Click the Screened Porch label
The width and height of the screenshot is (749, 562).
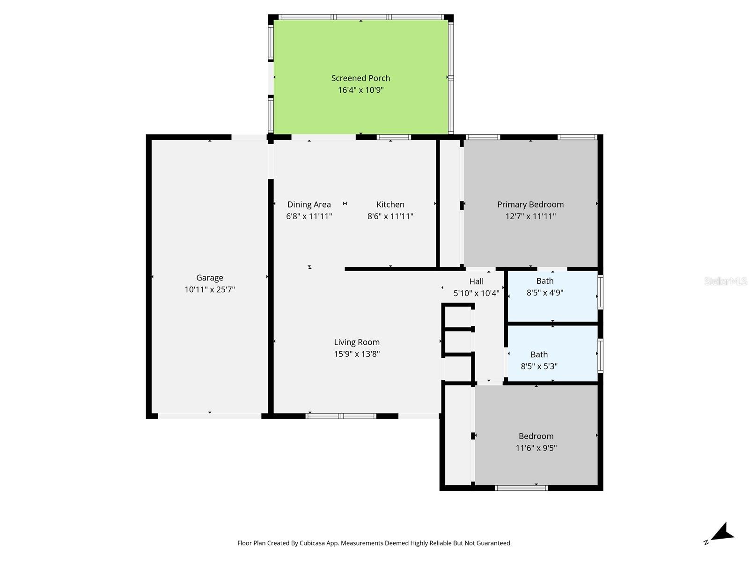tap(360, 78)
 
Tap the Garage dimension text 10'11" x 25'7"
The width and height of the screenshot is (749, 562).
tap(209, 289)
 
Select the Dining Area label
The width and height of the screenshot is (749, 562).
tap(309, 204)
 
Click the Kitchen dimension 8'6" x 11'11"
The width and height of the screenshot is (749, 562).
tap(390, 216)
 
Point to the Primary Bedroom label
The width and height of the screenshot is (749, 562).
tap(530, 204)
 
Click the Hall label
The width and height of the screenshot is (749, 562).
tap(476, 281)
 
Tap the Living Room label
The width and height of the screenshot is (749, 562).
tap(357, 342)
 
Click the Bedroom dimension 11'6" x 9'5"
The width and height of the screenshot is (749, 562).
tap(536, 448)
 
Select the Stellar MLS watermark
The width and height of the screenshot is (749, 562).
tap(725, 281)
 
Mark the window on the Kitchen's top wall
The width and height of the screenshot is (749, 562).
tap(394, 137)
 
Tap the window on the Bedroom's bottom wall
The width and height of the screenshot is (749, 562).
tap(521, 488)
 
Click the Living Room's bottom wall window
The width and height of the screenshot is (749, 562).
tap(341, 416)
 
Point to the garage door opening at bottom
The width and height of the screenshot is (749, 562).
tap(209, 416)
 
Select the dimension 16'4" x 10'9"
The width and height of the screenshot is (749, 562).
tap(360, 90)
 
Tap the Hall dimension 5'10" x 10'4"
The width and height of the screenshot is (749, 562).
tap(476, 294)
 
